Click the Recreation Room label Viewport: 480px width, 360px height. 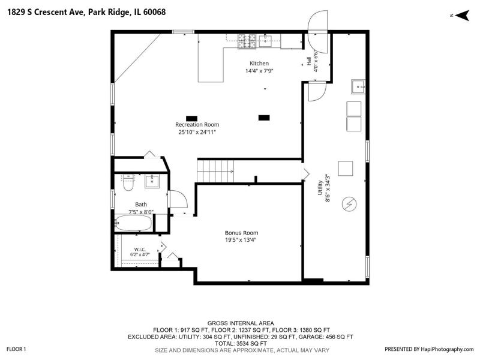click(x=197, y=125)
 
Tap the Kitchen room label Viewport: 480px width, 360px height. click(x=259, y=64)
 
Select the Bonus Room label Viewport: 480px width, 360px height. click(x=242, y=233)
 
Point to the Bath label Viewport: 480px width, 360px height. click(x=141, y=205)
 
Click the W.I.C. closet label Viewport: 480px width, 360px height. click(x=140, y=250)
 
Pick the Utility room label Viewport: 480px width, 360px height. click(x=320, y=188)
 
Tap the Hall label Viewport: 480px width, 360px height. click(x=309, y=61)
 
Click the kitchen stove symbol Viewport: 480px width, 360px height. click(x=247, y=41)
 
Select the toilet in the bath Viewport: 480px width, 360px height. click(x=128, y=183)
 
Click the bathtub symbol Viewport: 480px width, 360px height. click(x=133, y=223)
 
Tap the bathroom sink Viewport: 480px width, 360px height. click(x=152, y=181)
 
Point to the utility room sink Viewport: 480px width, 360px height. click(x=358, y=86)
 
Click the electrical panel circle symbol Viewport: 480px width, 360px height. click(x=349, y=203)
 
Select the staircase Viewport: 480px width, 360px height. click(x=215, y=171)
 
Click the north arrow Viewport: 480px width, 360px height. click(x=462, y=16)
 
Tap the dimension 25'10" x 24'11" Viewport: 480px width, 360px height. click(x=197, y=132)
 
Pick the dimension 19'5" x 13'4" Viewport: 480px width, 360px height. click(x=241, y=240)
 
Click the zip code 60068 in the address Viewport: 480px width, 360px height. click(x=154, y=12)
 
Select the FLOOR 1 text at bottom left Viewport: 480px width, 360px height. click(x=16, y=349)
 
